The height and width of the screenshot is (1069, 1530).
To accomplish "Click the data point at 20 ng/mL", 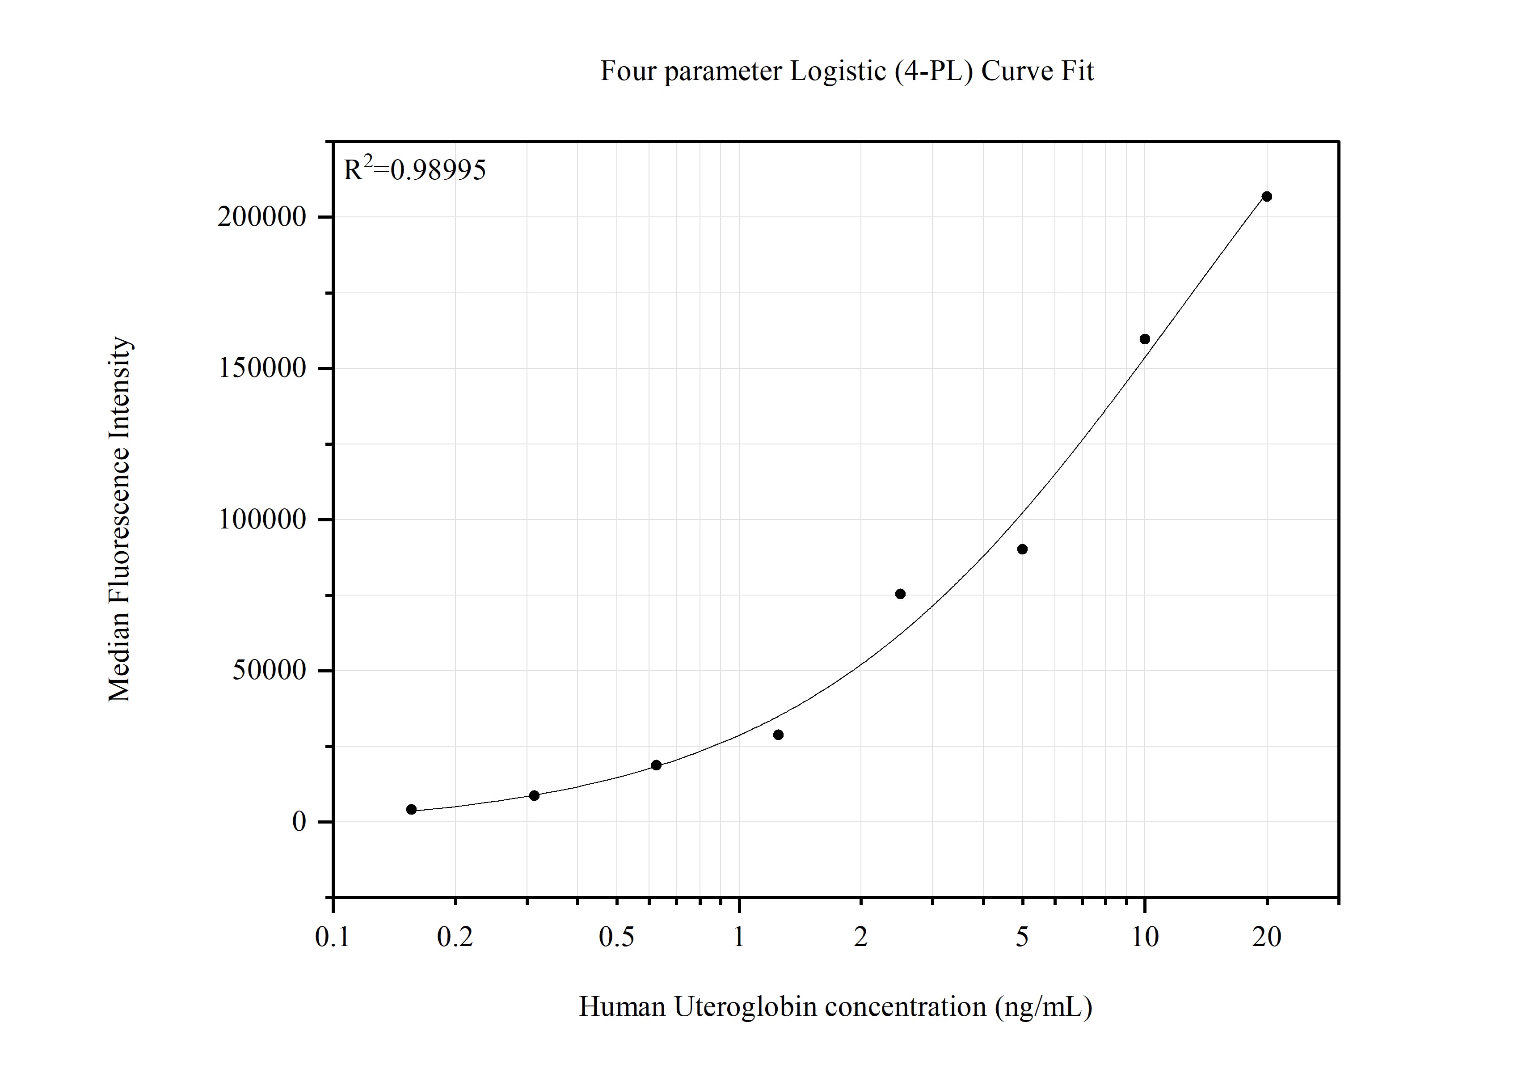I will pos(1267,197).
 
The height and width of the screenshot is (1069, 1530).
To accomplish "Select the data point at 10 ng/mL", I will pos(1145,339).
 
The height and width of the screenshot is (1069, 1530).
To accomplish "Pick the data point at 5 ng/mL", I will pos(1022,549).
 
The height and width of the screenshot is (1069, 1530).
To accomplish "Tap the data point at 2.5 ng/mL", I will pos(900,594).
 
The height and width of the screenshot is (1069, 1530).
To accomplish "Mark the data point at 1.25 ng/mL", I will pos(778,735).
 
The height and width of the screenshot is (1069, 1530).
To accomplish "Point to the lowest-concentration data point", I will pos(411,809).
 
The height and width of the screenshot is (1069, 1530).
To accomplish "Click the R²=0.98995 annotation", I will pos(414,170).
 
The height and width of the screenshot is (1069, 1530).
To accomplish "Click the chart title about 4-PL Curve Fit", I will pos(846,71).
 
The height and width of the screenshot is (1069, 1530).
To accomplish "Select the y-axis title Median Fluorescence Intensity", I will pos(119,519).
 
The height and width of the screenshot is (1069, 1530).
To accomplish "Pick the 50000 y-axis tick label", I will pos(269,671).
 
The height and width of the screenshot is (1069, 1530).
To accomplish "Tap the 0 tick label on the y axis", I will pos(299,822).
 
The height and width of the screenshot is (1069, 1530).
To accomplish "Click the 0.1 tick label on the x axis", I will pos(333,938).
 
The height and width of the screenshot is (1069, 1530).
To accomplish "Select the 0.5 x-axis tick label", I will pos(616,938).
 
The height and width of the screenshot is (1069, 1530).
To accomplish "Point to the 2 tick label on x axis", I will pos(861,938).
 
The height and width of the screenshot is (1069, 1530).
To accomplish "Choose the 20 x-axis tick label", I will pos(1267,938).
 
